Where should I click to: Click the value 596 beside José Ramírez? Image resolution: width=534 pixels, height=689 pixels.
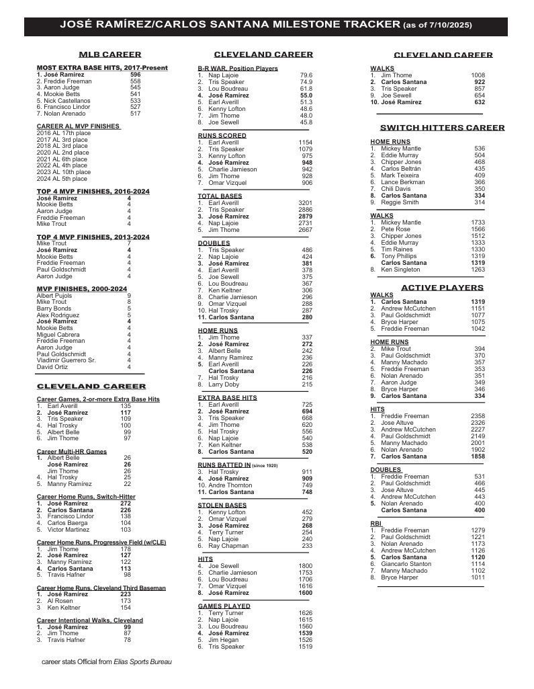pos(135,74)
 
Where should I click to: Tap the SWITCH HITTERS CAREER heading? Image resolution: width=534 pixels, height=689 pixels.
pos(442,127)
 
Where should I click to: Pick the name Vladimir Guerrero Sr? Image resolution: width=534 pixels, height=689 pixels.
pos(66,360)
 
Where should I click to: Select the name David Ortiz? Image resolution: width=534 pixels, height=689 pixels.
pos(53,367)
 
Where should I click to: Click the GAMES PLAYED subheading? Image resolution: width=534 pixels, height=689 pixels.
pos(224,606)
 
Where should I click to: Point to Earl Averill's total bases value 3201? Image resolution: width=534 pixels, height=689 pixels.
pos(305,202)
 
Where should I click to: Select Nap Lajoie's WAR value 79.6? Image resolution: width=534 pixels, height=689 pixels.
pos(306,75)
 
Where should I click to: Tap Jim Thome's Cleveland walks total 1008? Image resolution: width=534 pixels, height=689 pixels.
pos(478,75)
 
